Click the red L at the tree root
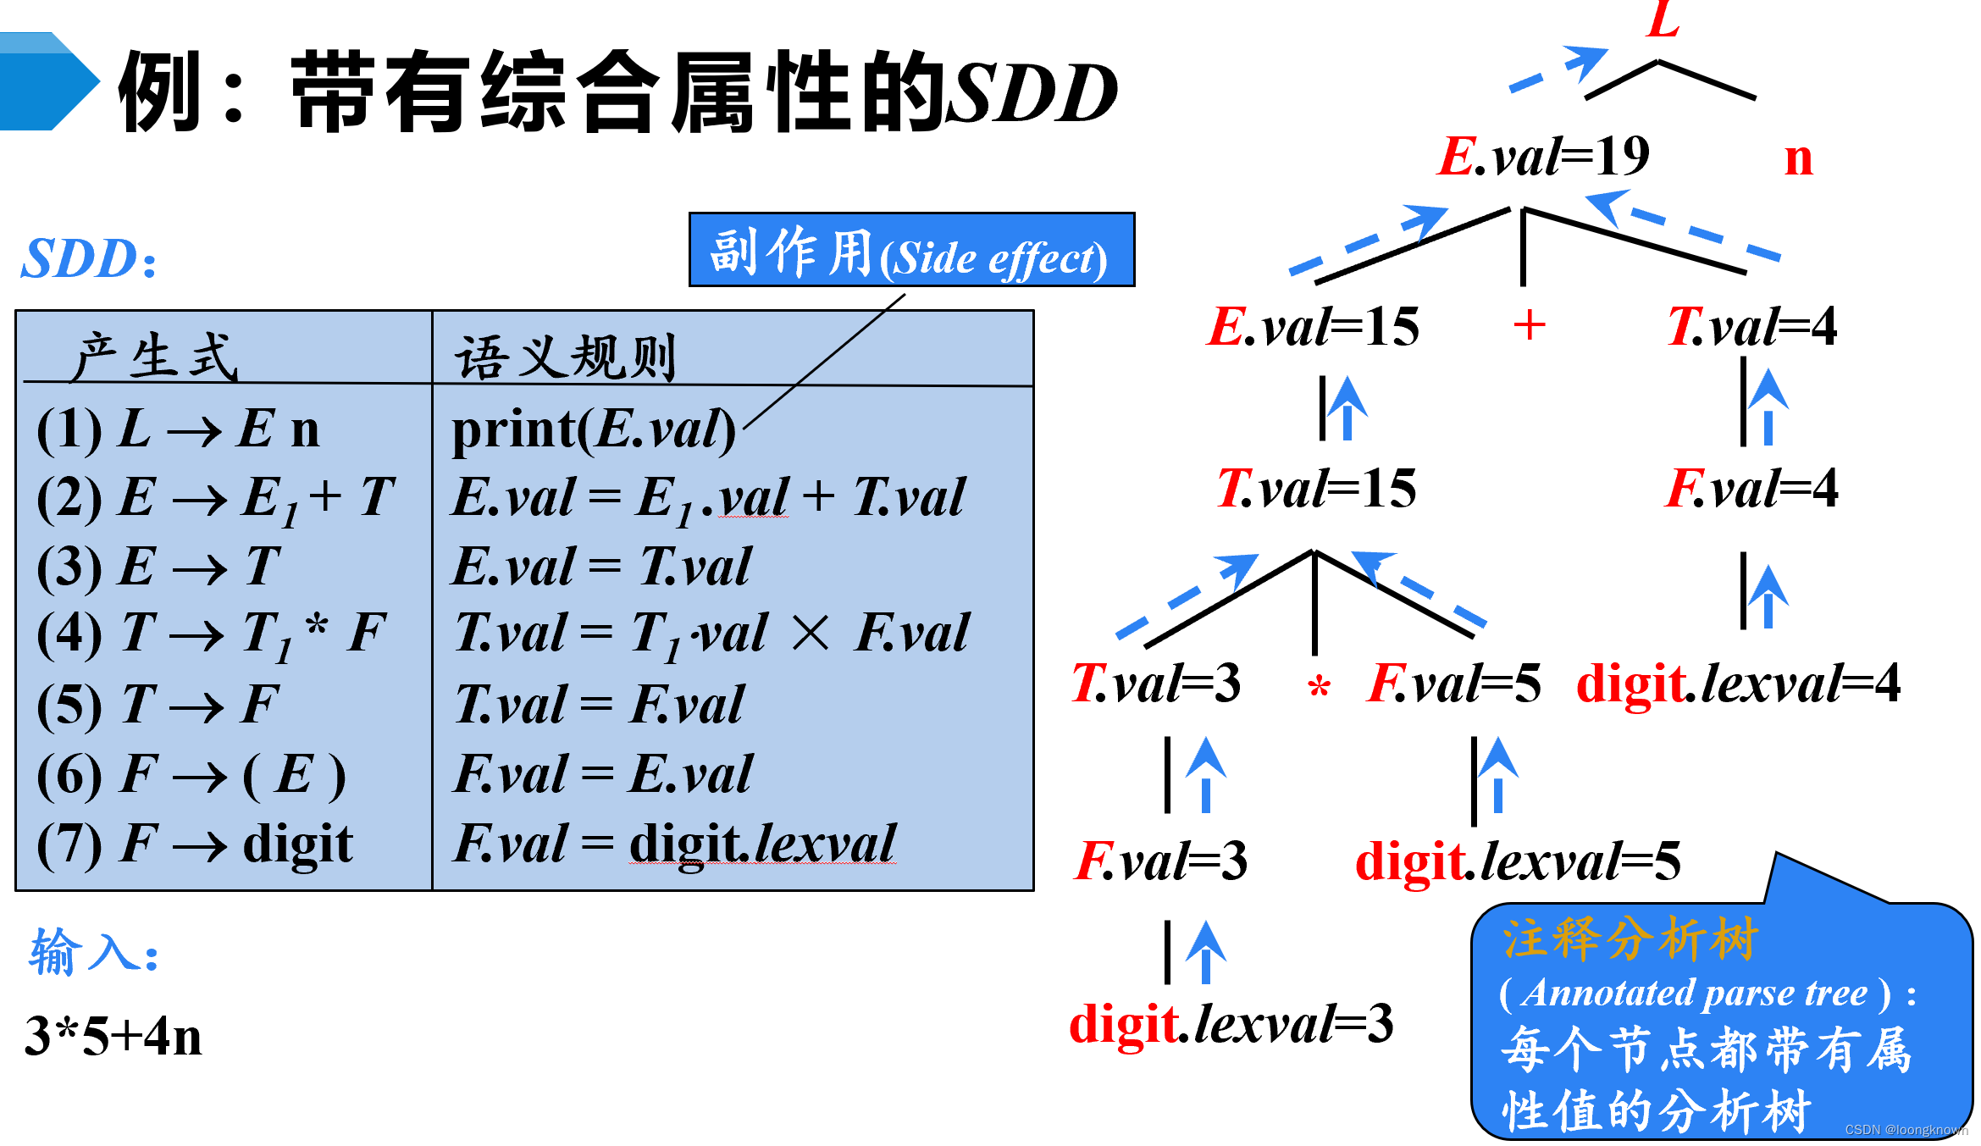pos(1663,19)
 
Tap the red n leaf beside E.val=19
pos(1798,158)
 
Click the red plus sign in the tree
pos(1529,325)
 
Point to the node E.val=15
pos(1313,326)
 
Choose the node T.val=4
pos(1751,326)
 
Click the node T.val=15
pos(1316,489)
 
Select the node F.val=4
pos(1751,489)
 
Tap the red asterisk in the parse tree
pos(1319,687)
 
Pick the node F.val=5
pos(1454,684)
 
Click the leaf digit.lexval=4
pos(1739,684)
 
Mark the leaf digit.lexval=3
pos(1231,1024)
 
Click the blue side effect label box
pos(911,250)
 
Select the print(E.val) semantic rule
pos(594,429)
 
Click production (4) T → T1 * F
pos(212,635)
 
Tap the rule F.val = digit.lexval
pos(675,844)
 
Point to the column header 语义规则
pos(566,357)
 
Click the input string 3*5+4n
pos(113,1036)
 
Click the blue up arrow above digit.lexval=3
pos(1206,952)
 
